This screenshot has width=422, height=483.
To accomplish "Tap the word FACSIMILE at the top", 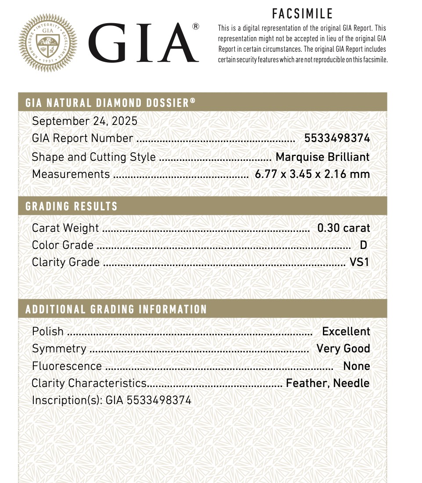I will pos(302,14).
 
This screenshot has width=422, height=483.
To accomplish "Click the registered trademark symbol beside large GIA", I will pos(196,27).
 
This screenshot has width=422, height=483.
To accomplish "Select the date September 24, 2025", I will pos(85,121).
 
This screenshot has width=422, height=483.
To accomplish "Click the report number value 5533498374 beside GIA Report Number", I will pos(337,139).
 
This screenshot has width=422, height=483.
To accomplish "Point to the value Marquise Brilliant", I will pos(322,157).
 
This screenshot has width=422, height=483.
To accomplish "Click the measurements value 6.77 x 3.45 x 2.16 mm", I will pos(312,174).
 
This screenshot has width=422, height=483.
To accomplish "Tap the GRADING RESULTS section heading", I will pos(72,206).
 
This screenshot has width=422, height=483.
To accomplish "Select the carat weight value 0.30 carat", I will pos(343,228).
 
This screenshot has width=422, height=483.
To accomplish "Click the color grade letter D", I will pos(363,245).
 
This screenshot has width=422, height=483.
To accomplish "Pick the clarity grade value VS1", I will pos(359,262).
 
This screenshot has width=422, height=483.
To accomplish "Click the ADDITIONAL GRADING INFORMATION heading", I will pos(116,309).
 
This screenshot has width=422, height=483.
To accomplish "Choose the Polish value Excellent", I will pos(346,331).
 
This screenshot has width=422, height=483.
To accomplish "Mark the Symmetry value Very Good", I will pos(343,348).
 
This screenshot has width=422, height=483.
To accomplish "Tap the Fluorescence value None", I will pos(357,366).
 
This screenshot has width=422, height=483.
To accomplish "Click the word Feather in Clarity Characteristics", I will pos(307,383).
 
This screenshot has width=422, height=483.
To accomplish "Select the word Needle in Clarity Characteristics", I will pos(351,383).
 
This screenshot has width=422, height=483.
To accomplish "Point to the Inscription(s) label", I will pos(67,400).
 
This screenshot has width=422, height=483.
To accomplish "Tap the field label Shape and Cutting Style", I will pos(93,157).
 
